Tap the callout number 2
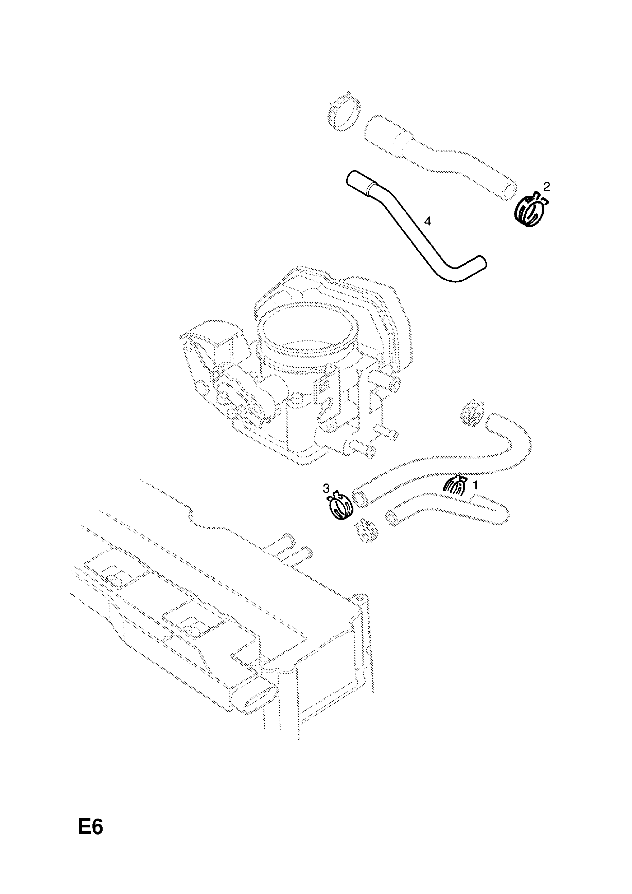tap(546, 187)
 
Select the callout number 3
tap(326, 488)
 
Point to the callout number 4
tap(427, 222)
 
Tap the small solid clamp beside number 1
tap(454, 486)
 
